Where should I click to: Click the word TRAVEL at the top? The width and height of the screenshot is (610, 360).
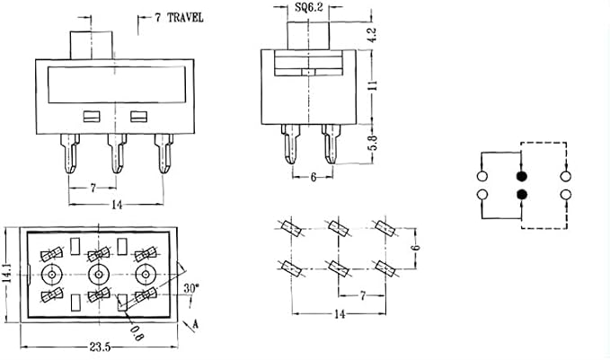tap(185, 18)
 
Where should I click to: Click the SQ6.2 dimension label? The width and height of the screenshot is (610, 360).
tap(309, 7)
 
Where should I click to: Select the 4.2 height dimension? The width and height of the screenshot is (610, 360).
tap(372, 35)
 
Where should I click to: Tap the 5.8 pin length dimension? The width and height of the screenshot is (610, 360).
tap(372, 143)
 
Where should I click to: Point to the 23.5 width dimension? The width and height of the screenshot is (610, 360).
tap(100, 347)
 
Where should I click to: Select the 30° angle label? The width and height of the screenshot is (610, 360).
tap(191, 288)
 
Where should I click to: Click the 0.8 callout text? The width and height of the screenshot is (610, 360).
tap(137, 333)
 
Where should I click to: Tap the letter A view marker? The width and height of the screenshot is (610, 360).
tap(196, 324)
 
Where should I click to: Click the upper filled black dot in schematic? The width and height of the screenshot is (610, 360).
tap(521, 176)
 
